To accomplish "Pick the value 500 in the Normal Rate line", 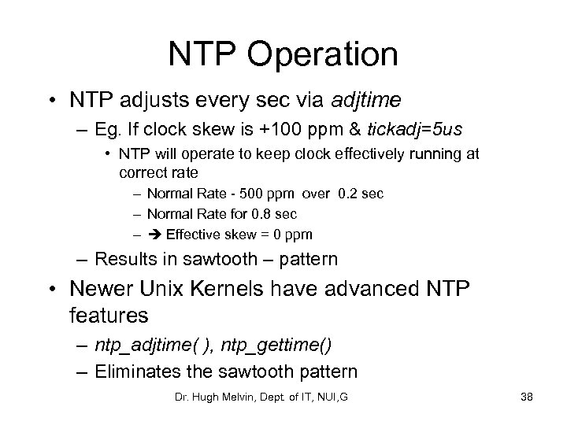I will click(247, 194).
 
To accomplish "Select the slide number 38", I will click(526, 397).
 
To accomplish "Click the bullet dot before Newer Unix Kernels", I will click(54, 291).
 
